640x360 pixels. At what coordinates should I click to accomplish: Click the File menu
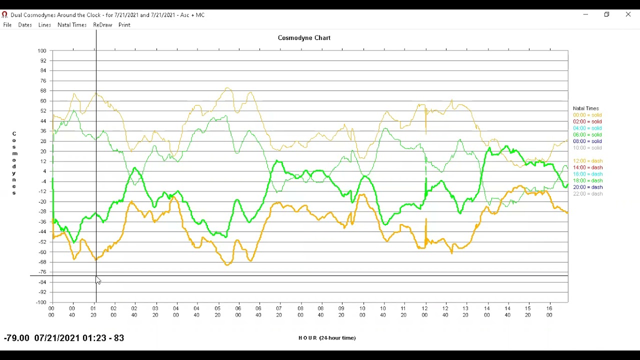[7, 25]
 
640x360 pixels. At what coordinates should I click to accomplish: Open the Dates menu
[25, 25]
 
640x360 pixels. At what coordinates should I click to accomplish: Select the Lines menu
[44, 25]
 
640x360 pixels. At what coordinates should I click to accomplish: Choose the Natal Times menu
[72, 25]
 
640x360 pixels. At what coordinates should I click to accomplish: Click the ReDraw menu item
[102, 25]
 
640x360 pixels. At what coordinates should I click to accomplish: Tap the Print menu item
[124, 25]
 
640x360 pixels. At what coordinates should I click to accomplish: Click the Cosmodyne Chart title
[304, 38]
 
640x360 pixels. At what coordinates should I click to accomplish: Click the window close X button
[628, 14]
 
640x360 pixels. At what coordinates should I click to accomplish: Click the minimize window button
[585, 14]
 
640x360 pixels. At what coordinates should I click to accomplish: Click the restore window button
[606, 14]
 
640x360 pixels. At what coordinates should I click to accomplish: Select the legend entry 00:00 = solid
[587, 115]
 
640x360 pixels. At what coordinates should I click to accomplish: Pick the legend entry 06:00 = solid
[587, 134]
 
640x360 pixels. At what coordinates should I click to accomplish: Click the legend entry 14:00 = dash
[587, 167]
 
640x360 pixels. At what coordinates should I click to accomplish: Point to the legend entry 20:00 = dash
[587, 187]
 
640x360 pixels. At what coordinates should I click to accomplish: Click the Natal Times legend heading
[585, 108]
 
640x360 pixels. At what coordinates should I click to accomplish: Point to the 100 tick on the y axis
[41, 51]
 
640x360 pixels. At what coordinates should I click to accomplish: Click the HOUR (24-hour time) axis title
[327, 338]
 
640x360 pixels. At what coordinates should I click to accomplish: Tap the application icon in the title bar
[4, 14]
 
